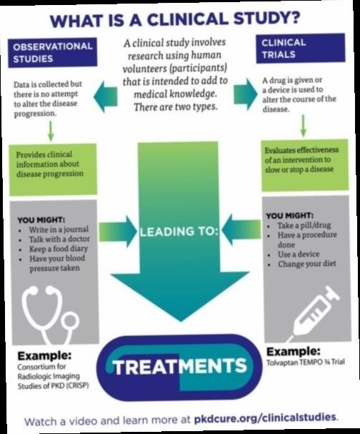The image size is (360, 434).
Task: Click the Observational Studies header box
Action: tap(53, 53)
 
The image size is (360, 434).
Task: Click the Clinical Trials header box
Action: tap(301, 49)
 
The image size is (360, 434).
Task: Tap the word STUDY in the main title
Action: tap(267, 19)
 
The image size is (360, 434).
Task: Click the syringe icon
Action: tap(314, 312)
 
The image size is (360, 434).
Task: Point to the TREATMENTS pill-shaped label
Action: tap(180, 368)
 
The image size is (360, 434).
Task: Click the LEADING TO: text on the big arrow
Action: tap(179, 232)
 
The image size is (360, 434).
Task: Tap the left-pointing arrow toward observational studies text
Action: tap(105, 97)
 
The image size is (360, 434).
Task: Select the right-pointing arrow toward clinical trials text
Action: tap(246, 94)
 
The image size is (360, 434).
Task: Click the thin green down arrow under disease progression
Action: tap(51, 131)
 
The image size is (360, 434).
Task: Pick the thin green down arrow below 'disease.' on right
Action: tap(304, 126)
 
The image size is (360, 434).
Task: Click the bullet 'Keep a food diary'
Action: tap(59, 249)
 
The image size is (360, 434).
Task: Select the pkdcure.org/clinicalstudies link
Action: tap(265, 418)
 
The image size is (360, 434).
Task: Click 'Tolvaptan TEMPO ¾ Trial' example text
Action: tap(306, 362)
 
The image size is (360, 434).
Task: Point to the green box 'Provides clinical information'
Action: tap(53, 169)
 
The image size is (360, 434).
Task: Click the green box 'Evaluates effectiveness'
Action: tap(305, 165)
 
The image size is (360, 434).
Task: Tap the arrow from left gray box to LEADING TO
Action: tap(118, 231)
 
